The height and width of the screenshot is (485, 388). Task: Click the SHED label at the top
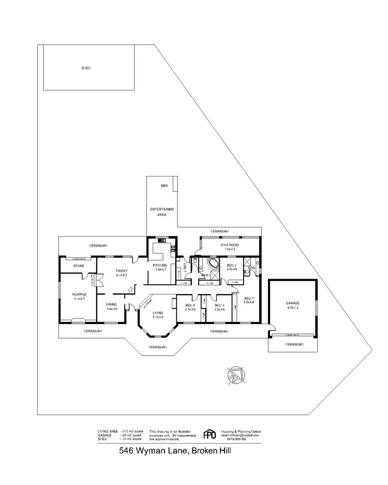tap(86, 68)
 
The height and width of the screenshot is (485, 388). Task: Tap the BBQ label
tap(165, 185)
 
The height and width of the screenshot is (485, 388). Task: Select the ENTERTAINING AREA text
tap(162, 211)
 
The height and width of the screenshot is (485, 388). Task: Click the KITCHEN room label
tap(159, 267)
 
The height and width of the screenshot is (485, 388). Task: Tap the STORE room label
tap(78, 266)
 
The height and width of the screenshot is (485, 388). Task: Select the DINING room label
tap(112, 306)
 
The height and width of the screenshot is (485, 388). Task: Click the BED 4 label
tap(190, 306)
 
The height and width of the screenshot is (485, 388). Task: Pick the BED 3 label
tap(219, 306)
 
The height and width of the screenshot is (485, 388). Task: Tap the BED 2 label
tap(231, 266)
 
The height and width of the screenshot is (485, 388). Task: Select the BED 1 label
tap(249, 300)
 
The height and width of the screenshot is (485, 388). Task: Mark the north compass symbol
tap(236, 375)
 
